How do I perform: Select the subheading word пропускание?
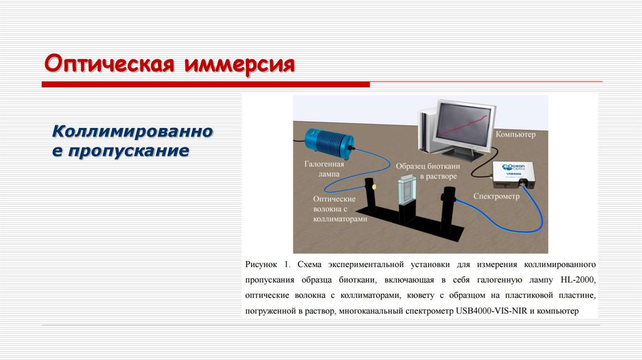128,151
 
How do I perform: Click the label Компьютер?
515,134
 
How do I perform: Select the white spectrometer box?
513,174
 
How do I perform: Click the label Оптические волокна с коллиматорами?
335,208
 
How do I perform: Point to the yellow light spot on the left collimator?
374,186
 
